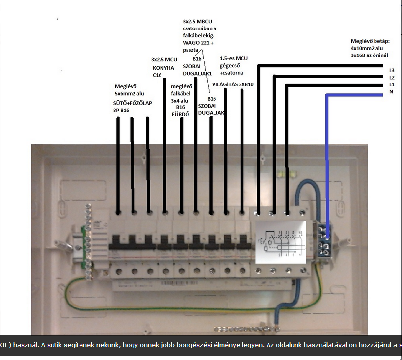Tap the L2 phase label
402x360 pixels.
point(391,78)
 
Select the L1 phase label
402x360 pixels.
point(391,85)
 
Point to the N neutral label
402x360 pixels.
point(391,92)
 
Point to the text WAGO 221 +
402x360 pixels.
point(198,43)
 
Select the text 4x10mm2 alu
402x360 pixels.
point(367,48)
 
